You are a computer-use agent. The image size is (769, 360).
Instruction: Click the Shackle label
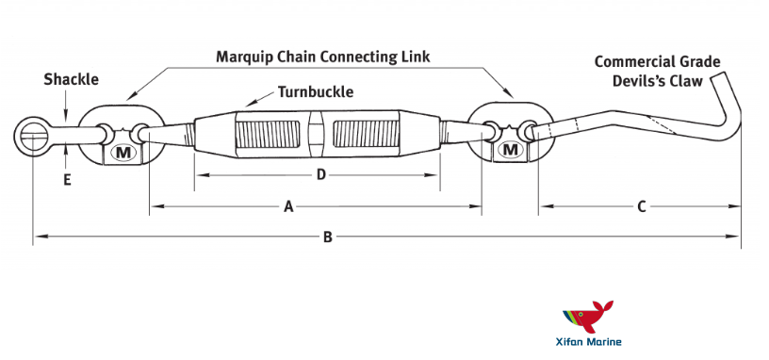[x=71, y=80]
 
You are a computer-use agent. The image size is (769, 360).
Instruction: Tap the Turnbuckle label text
[x=316, y=92]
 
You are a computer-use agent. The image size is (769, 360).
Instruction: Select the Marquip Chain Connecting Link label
[x=322, y=57]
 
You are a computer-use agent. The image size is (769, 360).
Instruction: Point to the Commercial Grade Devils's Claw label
[x=657, y=72]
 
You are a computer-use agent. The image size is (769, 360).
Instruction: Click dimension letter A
[x=288, y=206]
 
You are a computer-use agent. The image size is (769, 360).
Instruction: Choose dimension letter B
[x=327, y=237]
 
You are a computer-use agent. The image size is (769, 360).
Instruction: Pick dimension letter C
[x=641, y=206]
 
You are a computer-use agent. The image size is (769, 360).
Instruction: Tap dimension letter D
[x=320, y=174]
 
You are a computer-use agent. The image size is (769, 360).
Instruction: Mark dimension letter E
[x=67, y=180]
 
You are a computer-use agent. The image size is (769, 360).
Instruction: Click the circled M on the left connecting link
[x=123, y=152]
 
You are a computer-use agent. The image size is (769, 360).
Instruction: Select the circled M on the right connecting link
[x=511, y=150]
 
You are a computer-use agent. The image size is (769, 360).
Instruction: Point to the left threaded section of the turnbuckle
[x=270, y=134]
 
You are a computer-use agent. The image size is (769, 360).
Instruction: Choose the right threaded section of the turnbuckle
[x=369, y=134]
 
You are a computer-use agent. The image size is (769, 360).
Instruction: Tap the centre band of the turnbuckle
[x=319, y=134]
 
